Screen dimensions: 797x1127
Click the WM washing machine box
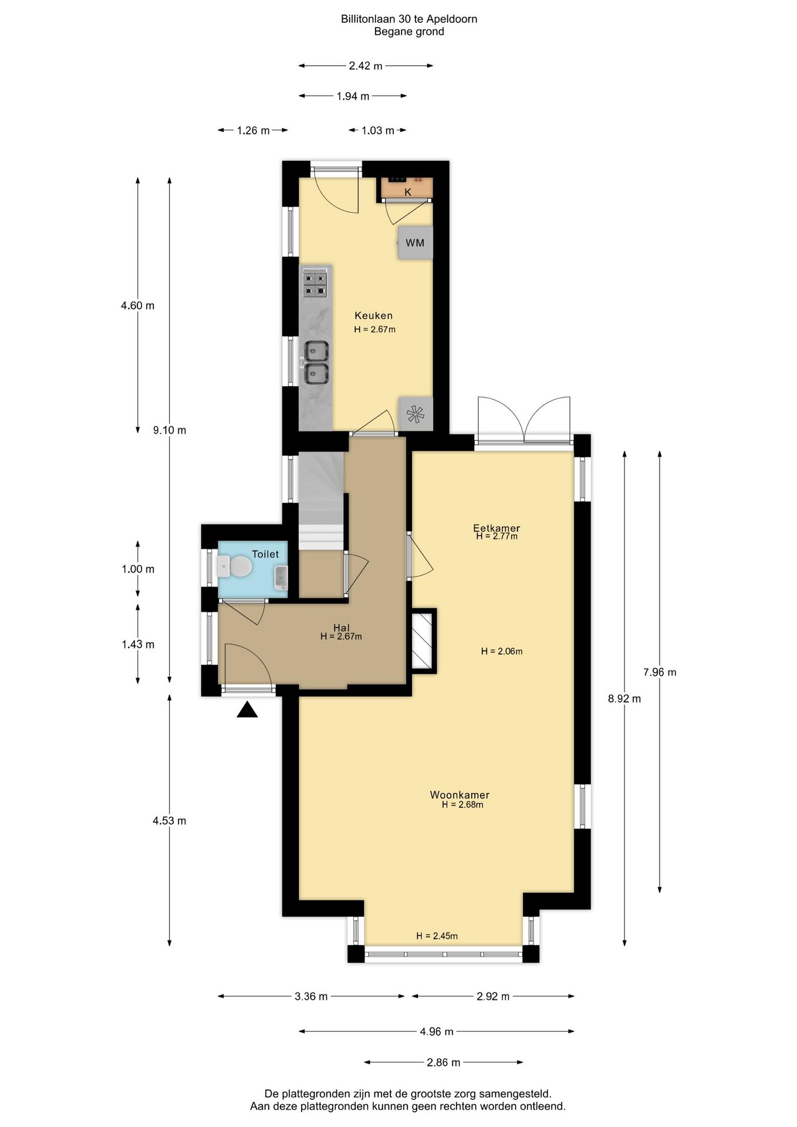click(416, 242)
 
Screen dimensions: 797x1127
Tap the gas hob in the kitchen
click(315, 283)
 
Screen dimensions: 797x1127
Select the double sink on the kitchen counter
click(316, 362)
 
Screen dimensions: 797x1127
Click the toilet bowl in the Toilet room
click(235, 567)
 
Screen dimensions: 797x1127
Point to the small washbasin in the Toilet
click(281, 578)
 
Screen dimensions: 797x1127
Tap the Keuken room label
click(373, 316)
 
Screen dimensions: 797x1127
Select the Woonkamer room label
click(460, 795)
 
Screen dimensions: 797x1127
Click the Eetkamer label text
click(497, 528)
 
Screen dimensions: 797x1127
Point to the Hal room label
click(341, 628)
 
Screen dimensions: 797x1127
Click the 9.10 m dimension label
click(170, 430)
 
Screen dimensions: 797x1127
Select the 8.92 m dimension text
click(624, 699)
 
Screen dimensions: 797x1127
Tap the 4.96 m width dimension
click(437, 1031)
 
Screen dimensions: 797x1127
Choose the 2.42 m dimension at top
click(366, 66)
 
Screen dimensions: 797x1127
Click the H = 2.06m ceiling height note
click(502, 651)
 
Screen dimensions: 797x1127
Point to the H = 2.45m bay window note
click(437, 936)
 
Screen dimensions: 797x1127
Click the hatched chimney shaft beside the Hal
click(423, 640)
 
